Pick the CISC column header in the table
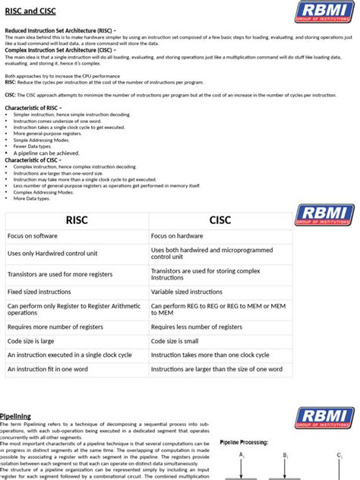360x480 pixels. pos(220,221)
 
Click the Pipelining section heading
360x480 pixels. pos(16,418)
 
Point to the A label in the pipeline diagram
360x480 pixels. pos(242,454)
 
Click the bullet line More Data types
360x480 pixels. pos(32,199)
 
